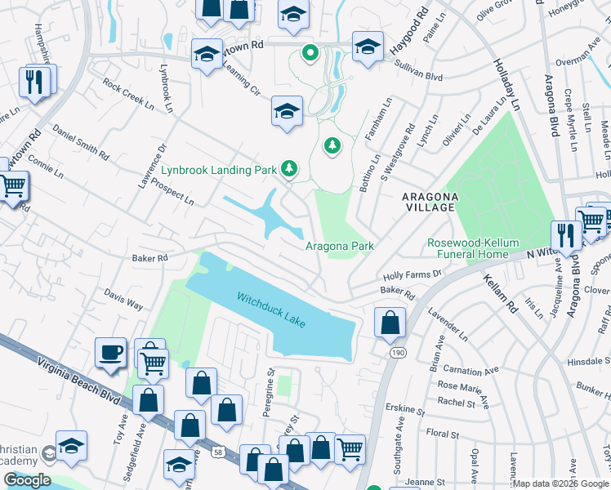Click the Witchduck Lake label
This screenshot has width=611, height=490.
271,311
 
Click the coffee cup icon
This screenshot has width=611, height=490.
110,353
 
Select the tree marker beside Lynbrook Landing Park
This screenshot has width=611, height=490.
288,169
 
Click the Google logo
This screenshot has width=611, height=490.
27,480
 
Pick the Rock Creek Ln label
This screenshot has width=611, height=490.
128,95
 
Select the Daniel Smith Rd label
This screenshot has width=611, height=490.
80,140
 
